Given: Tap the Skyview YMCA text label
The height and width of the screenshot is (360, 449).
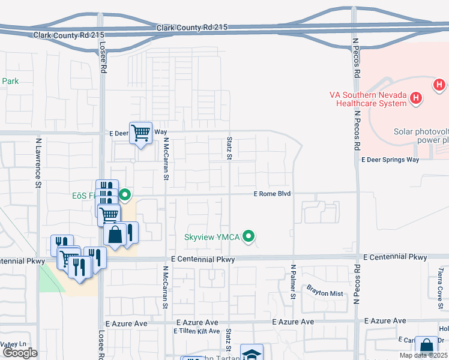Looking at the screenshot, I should click(212, 237).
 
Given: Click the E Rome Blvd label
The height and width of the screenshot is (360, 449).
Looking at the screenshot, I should click(272, 194).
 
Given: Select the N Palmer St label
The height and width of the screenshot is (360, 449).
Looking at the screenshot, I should click(293, 281).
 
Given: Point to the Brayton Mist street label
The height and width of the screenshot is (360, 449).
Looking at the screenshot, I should click(324, 293).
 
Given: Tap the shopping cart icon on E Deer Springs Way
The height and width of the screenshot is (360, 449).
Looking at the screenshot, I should click(141, 132).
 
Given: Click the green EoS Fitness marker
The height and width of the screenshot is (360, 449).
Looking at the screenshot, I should click(125, 194).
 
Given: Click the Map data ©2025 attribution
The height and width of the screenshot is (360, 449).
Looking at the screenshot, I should click(424, 355).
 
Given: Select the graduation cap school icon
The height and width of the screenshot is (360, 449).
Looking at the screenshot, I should click(252, 353).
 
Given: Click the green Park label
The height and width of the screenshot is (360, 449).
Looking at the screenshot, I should click(10, 81).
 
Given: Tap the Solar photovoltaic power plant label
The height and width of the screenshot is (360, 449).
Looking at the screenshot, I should click(420, 136).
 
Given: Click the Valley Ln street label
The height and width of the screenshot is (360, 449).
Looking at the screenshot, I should click(13, 344).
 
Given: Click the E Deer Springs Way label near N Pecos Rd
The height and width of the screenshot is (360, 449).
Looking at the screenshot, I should click(390, 160).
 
